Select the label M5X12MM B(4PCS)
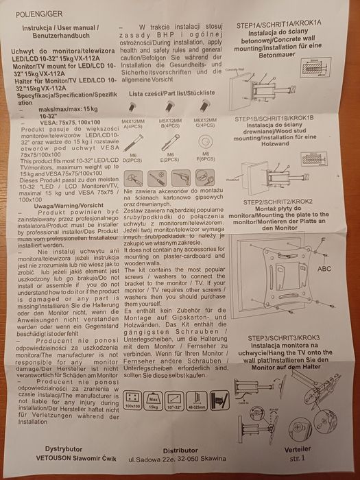169,123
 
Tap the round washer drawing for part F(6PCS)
204,142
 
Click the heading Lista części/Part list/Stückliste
171,92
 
